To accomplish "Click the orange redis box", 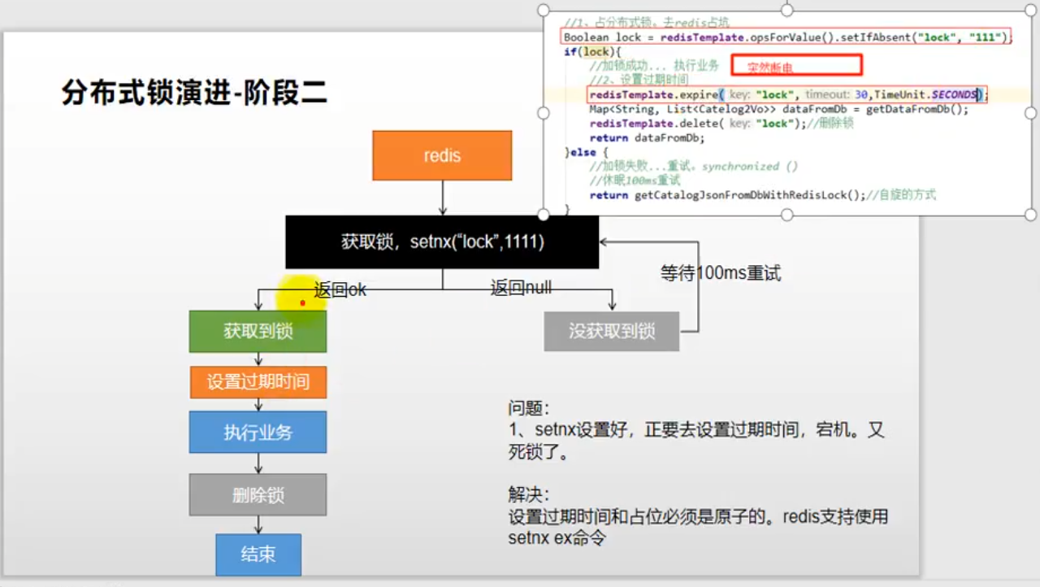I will (442, 155).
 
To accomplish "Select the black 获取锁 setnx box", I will (442, 241).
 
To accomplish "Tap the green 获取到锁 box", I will (258, 331).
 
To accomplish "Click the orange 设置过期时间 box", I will (258, 382).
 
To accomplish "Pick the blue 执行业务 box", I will (258, 433).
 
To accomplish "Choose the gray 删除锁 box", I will (258, 495).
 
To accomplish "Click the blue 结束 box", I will (258, 554).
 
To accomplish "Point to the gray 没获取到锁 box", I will (611, 331).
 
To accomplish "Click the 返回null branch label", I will (521, 288).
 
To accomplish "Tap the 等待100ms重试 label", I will (720, 274).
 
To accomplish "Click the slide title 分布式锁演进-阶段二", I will (194, 93).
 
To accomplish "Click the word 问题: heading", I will (529, 408).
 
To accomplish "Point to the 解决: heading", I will (529, 494).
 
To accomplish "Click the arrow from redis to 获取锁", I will (442, 198).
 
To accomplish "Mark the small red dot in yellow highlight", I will (302, 303).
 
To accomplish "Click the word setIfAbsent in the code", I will (861, 37).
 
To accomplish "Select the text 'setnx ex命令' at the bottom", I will (557, 537).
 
